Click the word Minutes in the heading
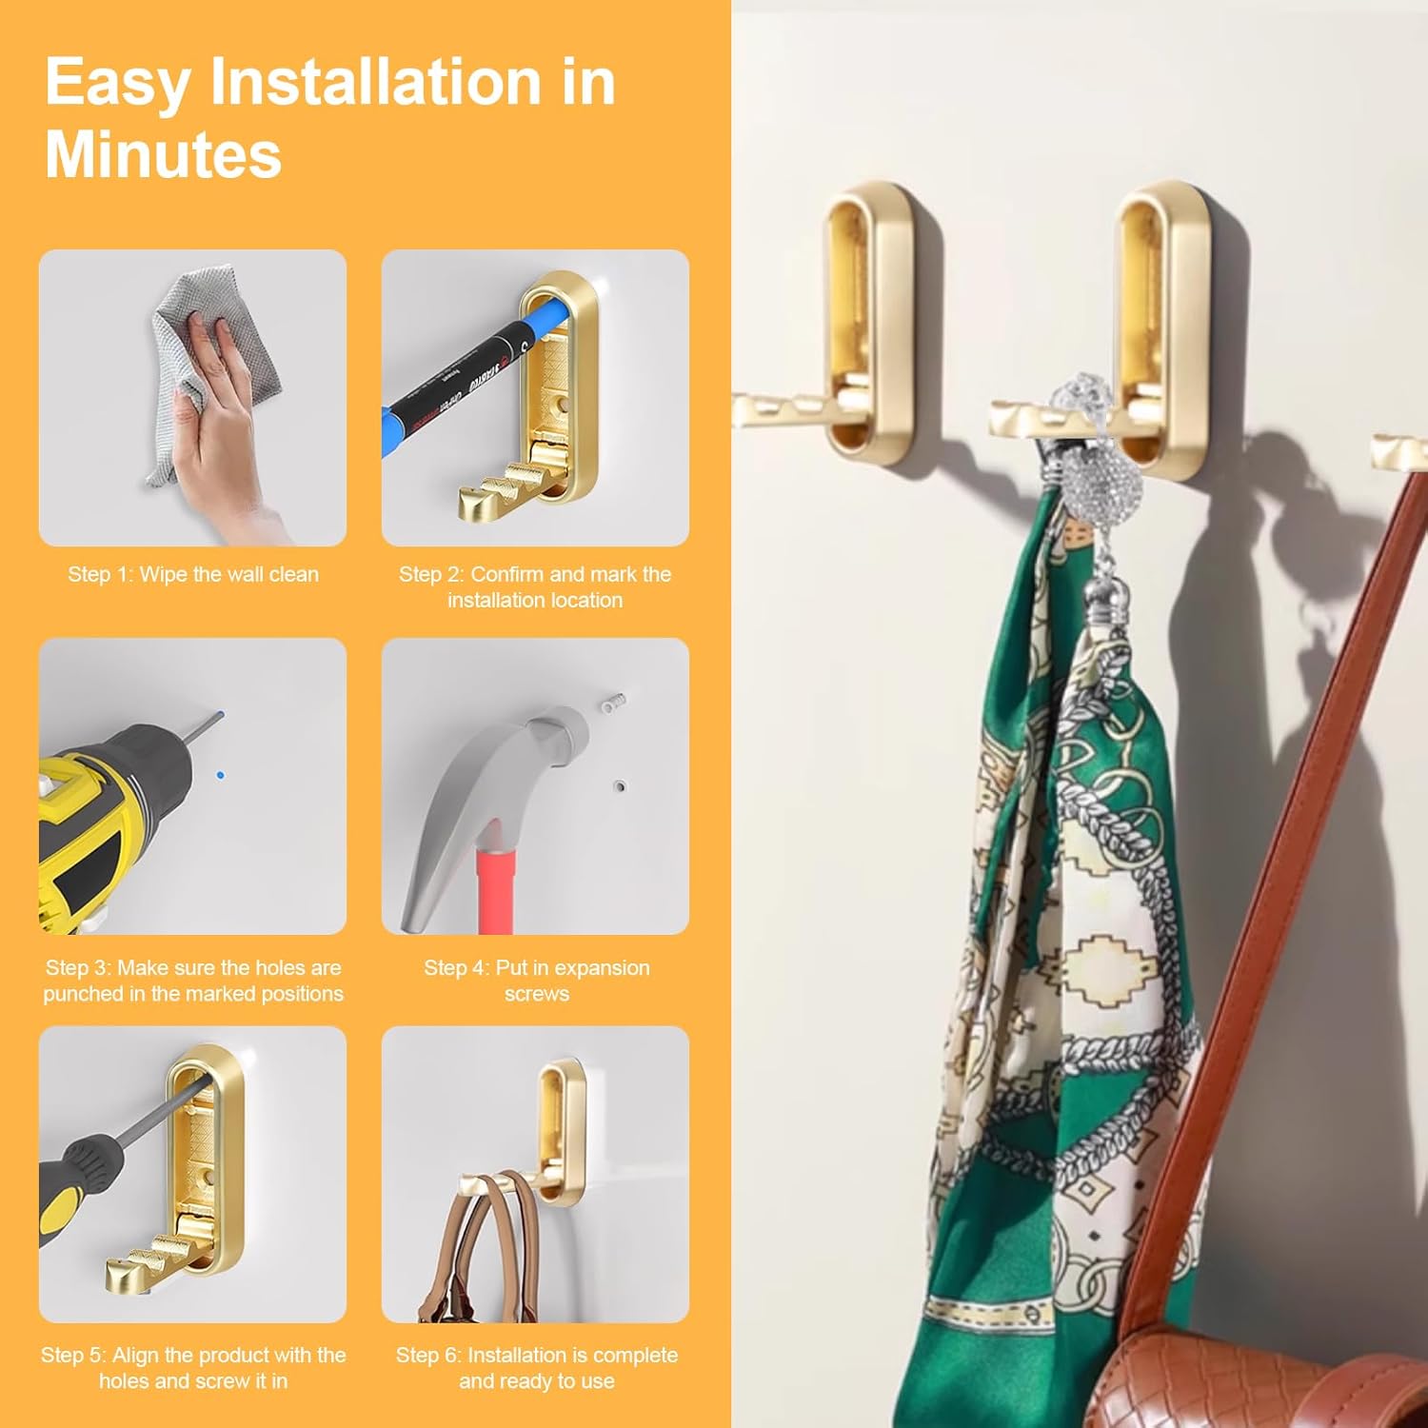point(163,154)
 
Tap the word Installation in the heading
point(378,84)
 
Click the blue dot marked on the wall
point(221,776)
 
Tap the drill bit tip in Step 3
point(220,714)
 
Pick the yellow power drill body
point(105,819)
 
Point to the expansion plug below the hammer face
point(619,787)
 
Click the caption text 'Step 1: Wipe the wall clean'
point(193,574)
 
